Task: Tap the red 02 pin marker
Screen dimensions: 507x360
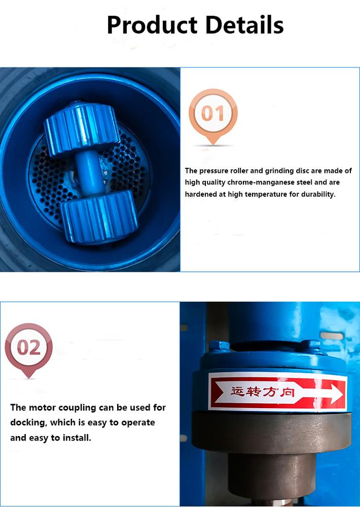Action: tap(28, 348)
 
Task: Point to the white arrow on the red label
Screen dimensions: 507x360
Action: tap(325, 392)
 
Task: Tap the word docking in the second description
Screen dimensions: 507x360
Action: tap(29, 423)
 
